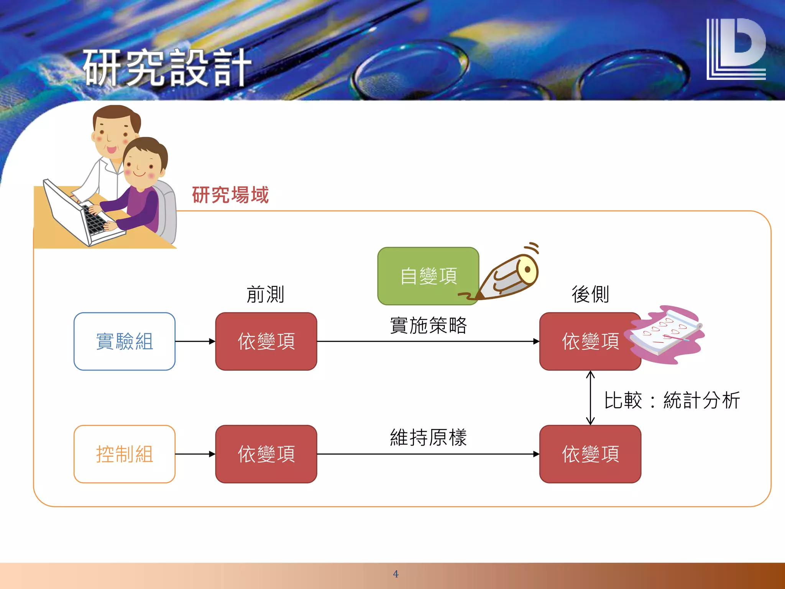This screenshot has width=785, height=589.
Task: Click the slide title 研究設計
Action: coord(167,68)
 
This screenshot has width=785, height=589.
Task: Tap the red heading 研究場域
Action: coord(230,195)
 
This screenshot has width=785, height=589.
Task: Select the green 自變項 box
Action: coord(428,276)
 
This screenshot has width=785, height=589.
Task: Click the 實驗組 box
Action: coord(125,341)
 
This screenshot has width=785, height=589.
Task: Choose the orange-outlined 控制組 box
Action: coord(125,454)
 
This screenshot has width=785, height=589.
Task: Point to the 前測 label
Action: coord(265,294)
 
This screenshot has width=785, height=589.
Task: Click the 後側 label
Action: coord(590,294)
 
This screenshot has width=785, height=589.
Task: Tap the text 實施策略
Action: coord(428,326)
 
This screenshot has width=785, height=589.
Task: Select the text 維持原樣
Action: coord(428,438)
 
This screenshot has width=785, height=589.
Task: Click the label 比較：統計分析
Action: coord(672,400)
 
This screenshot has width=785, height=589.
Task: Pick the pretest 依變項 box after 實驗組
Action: coord(266,341)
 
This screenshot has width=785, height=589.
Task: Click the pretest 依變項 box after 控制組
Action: coord(266,454)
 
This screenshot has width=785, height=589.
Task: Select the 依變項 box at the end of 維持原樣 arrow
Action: coord(590,454)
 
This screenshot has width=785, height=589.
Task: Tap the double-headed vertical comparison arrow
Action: coord(590,398)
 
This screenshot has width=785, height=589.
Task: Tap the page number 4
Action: coord(396,574)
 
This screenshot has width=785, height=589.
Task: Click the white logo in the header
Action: coord(736,49)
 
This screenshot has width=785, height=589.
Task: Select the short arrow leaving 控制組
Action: coord(195,454)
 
